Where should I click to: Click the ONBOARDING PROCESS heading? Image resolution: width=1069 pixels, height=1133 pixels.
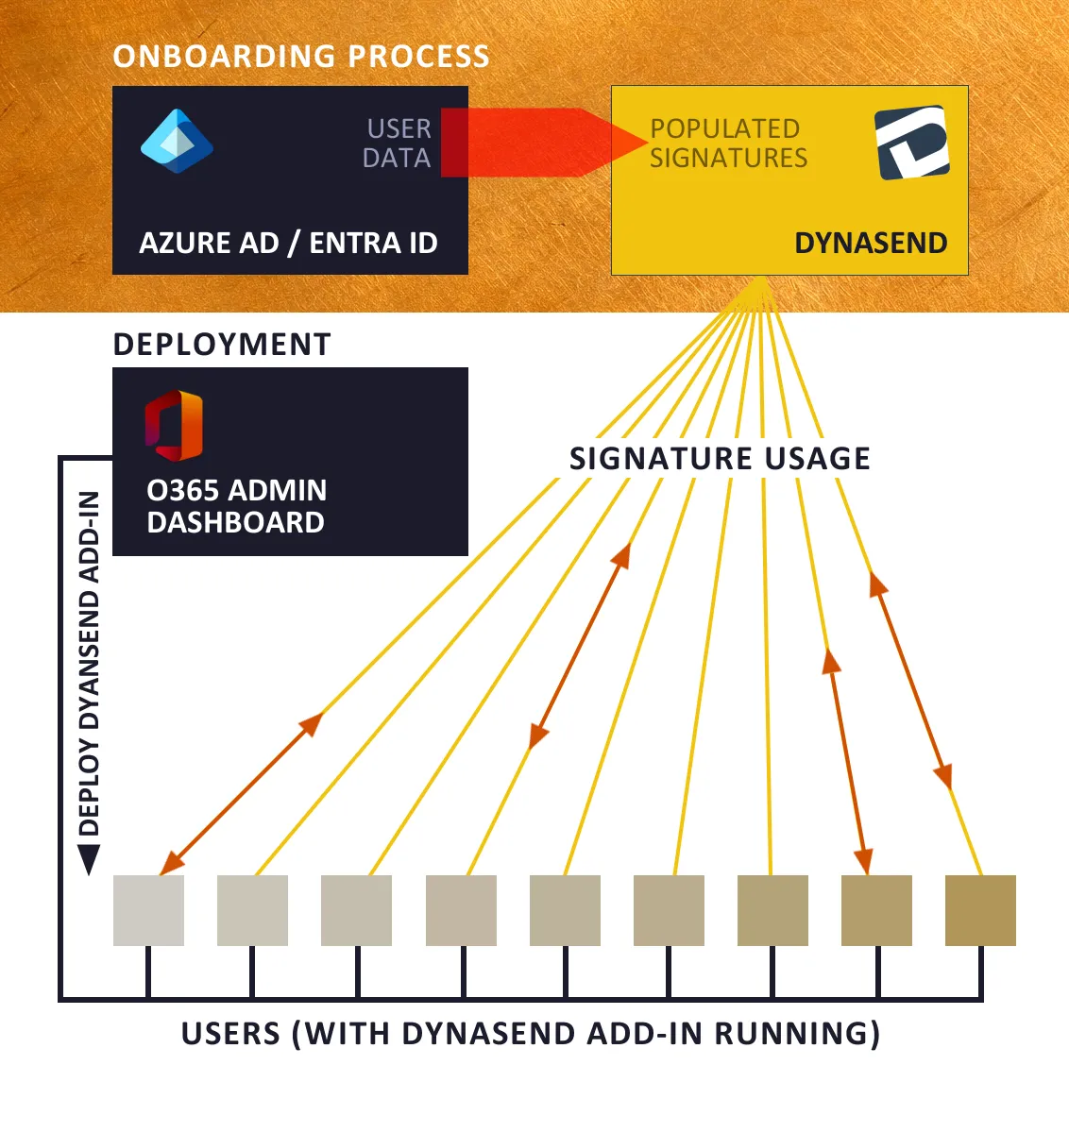click(301, 57)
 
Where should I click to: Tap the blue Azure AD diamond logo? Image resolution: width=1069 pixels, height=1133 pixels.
click(177, 142)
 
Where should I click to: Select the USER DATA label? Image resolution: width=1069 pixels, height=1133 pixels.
click(398, 143)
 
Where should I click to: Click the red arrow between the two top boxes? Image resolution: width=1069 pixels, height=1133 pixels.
click(538, 143)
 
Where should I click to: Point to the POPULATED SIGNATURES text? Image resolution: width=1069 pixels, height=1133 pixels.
click(728, 143)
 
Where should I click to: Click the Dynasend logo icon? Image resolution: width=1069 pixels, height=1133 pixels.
click(911, 143)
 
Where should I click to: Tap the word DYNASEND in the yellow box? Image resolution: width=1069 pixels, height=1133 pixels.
click(871, 243)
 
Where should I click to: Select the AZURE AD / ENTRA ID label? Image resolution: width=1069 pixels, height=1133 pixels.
click(288, 243)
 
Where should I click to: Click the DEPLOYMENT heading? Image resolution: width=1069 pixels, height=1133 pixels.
click(222, 345)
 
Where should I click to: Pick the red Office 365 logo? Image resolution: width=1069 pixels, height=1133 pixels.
click(174, 425)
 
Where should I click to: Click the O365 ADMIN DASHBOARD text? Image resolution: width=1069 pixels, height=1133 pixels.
click(236, 506)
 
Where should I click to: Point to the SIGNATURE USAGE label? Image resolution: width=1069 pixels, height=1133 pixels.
click(720, 459)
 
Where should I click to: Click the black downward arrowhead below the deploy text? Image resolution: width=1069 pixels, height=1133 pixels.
click(89, 859)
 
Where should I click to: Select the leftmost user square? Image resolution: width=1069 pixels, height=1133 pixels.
click(148, 910)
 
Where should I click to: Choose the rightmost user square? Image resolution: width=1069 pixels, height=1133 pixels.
click(980, 910)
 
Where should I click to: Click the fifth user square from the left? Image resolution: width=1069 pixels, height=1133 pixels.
click(565, 910)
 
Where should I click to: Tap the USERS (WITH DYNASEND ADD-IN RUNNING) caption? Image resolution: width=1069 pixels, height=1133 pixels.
click(531, 1034)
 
